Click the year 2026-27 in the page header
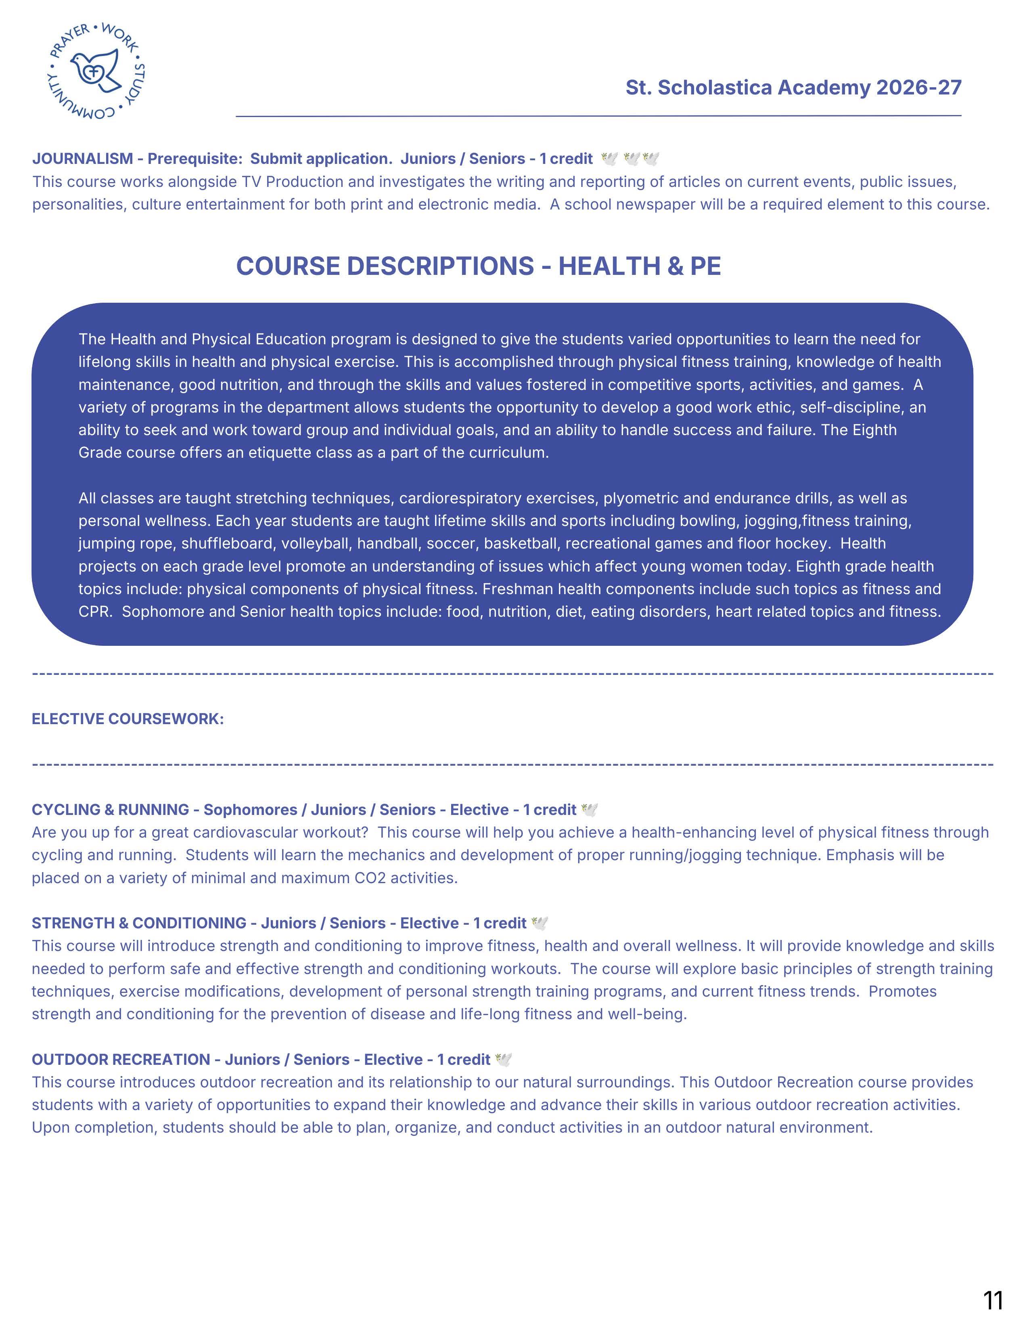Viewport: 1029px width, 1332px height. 919,88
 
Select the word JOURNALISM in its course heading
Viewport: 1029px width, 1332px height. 82,159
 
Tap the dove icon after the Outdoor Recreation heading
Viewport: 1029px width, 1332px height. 504,1060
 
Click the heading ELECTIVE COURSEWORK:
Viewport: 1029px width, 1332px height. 128,719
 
